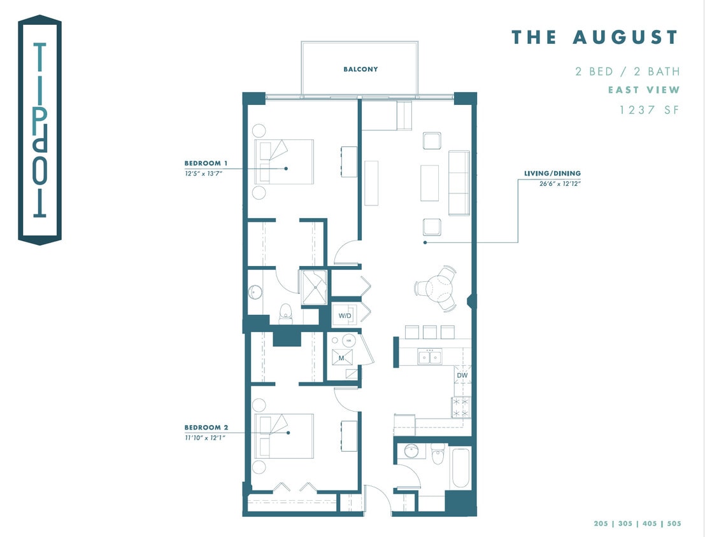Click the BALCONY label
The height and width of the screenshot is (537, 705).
click(x=360, y=69)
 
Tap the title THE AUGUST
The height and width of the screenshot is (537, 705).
click(x=595, y=38)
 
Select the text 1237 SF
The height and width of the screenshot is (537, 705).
click(x=650, y=110)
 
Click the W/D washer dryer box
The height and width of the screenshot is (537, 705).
click(x=345, y=316)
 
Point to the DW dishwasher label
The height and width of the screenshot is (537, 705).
click(x=462, y=376)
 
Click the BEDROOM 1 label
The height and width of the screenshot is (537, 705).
click(x=206, y=163)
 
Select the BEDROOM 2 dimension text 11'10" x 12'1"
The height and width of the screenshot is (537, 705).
click(x=205, y=437)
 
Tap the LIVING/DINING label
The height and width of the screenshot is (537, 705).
click(x=552, y=174)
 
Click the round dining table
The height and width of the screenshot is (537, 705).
click(x=436, y=288)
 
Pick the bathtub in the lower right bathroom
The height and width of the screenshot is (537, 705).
click(x=460, y=468)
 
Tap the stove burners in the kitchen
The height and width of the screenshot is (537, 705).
click(x=460, y=407)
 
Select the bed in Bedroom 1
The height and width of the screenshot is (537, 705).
click(x=284, y=162)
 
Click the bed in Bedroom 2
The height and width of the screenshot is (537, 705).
click(x=284, y=436)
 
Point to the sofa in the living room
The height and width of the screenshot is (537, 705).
click(x=459, y=183)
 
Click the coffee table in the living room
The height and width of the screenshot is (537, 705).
click(x=430, y=183)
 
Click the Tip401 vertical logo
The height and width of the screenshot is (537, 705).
click(x=39, y=130)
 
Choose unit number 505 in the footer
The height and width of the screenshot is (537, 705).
click(x=674, y=524)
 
